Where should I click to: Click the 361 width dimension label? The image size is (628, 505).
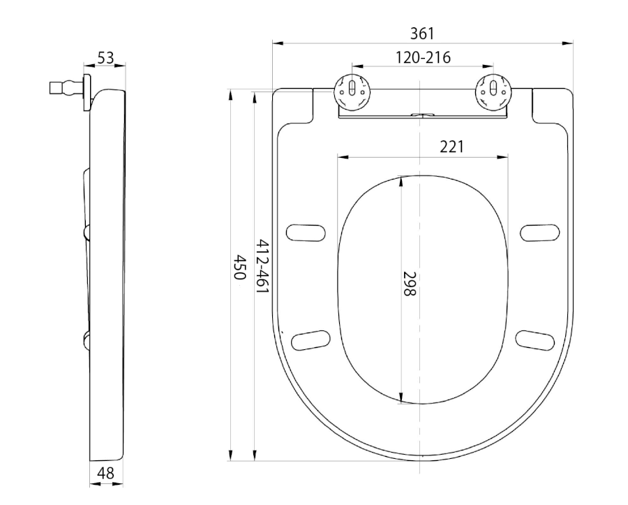pos(422,34)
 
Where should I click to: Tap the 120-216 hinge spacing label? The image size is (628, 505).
pos(423,58)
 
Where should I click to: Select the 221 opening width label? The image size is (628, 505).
pos(451,147)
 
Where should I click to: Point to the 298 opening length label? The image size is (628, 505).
pos(410,284)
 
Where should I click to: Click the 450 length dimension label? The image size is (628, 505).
pos(239,267)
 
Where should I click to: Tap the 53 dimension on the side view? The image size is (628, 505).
pos(106,58)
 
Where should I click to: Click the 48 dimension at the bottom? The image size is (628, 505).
pos(106,473)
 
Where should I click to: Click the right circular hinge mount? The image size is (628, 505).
pos(493,91)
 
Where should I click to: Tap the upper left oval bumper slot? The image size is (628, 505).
pos(306,233)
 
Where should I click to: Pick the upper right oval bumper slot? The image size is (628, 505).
pos(540,233)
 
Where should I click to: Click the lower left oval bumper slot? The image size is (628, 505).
pos(311,340)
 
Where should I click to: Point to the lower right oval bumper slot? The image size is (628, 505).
pos(535,340)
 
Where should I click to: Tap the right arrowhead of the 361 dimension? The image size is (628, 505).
pos(568,43)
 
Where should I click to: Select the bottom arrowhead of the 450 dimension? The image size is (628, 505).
pos(230,455)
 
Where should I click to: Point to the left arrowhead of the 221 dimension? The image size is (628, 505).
pos(343,156)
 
